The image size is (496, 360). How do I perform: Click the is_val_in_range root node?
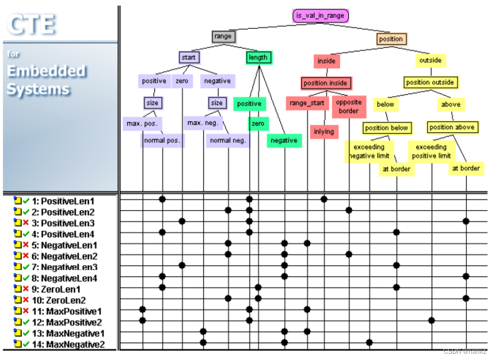pyautogui.click(x=320, y=16)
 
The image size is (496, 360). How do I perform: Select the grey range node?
pyautogui.click(x=223, y=37)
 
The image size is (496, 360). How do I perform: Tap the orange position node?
pyautogui.click(x=391, y=39)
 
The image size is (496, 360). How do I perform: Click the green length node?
pyautogui.click(x=258, y=57)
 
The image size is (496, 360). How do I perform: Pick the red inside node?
pyautogui.click(x=326, y=61)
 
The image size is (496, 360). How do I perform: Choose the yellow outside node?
pyautogui.click(x=430, y=61)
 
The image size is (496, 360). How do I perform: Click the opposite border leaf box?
pyautogui.click(x=348, y=107)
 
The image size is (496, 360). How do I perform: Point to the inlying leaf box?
pyautogui.click(x=324, y=132)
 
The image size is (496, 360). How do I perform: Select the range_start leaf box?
pyautogui.click(x=308, y=103)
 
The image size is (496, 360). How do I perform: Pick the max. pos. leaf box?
pyautogui.click(x=143, y=124)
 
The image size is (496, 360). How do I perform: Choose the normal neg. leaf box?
pyautogui.click(x=228, y=140)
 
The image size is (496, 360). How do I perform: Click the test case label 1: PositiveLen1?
pyautogui.click(x=63, y=202)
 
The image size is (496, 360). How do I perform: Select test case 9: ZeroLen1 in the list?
pyautogui.click(x=58, y=289)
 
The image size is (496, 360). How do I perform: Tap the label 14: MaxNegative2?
pyautogui.click(x=67, y=344)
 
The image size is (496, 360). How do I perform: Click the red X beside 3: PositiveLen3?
pyautogui.click(x=26, y=223)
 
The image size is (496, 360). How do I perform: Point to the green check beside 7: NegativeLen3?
pyautogui.click(x=26, y=267)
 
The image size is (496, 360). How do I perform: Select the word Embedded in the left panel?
pyautogui.click(x=46, y=71)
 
